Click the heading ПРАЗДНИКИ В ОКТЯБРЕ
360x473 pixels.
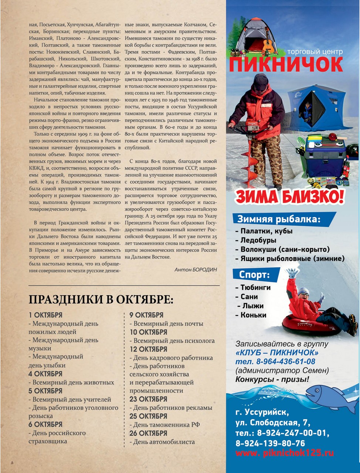tap(101, 299)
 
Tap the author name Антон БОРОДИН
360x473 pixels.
tap(196, 270)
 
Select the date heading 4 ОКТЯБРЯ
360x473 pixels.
tap(45, 374)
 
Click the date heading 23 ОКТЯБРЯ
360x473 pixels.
tap(148, 399)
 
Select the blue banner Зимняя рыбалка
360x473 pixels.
tap(279, 219)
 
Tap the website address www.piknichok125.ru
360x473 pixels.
tap(285, 453)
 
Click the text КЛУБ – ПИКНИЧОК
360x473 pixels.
tap(277, 352)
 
